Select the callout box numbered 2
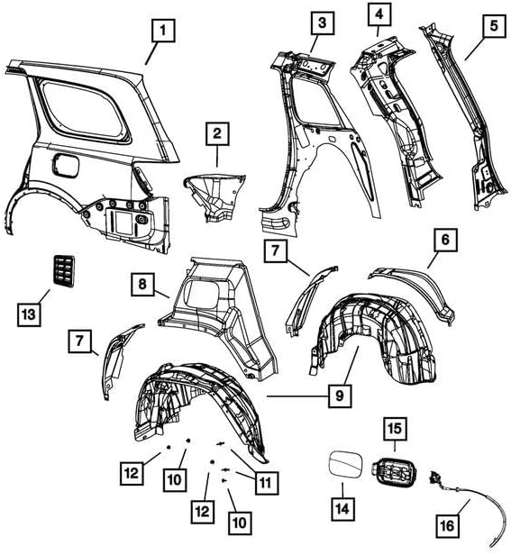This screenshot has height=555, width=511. tap(216, 134)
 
